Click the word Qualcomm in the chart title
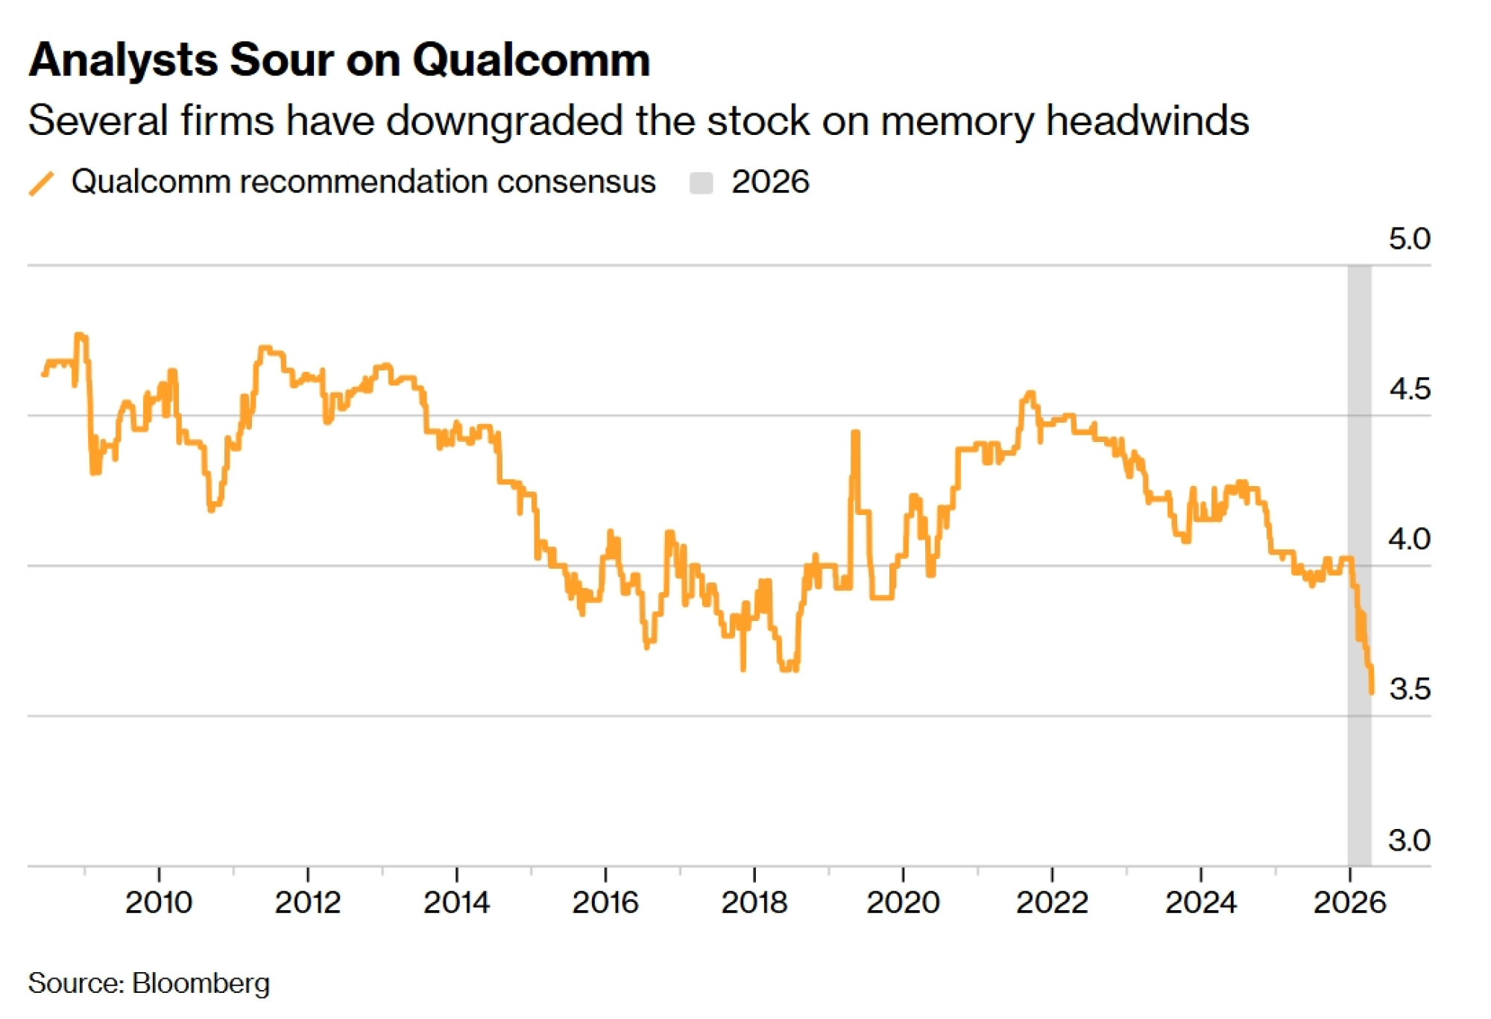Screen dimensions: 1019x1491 (531, 60)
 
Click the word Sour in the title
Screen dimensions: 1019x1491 (282, 60)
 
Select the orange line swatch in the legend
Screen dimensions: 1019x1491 (42, 183)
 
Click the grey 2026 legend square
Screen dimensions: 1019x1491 (701, 183)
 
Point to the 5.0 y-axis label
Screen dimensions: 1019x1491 (1408, 239)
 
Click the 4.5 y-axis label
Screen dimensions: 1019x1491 (1408, 389)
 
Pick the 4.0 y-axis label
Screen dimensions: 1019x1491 (1408, 539)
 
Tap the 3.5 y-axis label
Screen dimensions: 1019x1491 (1408, 690)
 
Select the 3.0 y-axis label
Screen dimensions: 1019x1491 (1408, 840)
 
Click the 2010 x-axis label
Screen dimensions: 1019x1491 (159, 903)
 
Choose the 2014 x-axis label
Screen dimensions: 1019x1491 (456, 903)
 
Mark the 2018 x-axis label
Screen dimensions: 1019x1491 (754, 903)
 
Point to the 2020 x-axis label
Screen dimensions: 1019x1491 (903, 903)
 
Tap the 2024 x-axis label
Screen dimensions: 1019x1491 (1200, 903)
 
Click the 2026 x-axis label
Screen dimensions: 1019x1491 (1349, 903)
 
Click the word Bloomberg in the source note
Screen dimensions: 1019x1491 (201, 983)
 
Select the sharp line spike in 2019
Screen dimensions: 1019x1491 (855, 433)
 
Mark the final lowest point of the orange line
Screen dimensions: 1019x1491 (1372, 693)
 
